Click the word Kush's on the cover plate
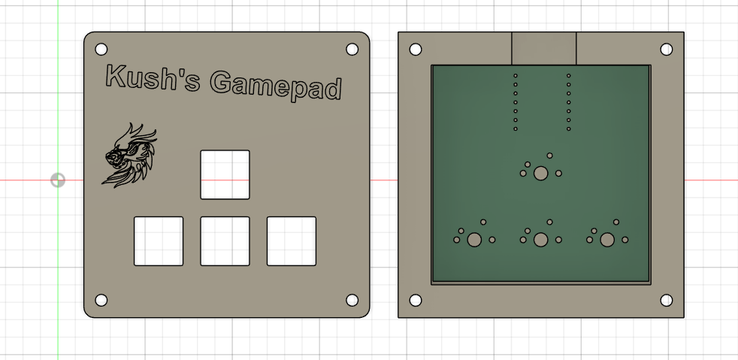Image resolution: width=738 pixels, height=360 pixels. [x=150, y=77]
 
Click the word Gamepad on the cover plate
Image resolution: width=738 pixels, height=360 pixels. [x=276, y=85]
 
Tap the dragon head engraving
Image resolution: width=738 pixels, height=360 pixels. [x=131, y=156]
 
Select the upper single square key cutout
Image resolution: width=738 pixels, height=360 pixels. [x=225, y=174]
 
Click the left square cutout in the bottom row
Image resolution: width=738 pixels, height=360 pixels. [x=159, y=241]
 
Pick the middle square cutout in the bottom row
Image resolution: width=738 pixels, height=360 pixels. [x=225, y=241]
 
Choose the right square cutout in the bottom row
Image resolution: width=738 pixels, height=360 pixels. [x=291, y=241]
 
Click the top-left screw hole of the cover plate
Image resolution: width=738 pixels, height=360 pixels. [x=101, y=50]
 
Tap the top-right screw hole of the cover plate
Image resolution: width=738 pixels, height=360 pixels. [x=352, y=50]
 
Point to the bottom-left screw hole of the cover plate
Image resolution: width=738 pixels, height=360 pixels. [x=101, y=300]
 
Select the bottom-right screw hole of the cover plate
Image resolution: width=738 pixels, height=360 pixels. [x=352, y=300]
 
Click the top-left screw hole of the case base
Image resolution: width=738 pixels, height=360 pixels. [x=415, y=50]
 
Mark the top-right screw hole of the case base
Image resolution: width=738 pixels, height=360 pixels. [x=666, y=50]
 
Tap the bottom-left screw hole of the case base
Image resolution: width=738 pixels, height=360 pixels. [x=415, y=300]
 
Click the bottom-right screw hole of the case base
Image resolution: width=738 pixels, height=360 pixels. [x=666, y=300]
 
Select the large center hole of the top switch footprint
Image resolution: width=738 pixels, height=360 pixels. [x=540, y=174]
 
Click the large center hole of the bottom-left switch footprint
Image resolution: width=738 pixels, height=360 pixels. [x=474, y=240]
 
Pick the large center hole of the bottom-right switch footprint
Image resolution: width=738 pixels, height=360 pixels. [x=607, y=240]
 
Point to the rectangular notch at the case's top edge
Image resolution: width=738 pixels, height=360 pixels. [x=543, y=48]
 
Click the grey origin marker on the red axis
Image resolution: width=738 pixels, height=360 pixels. [x=58, y=180]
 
